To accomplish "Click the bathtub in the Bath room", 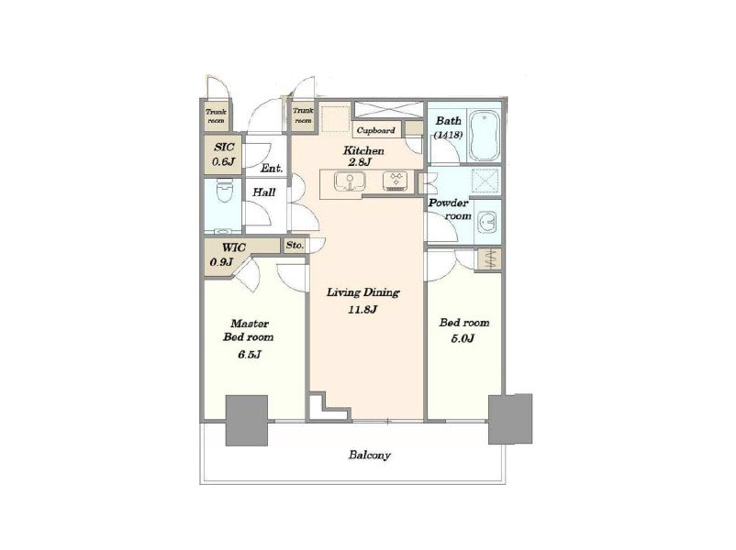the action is click(x=485, y=136).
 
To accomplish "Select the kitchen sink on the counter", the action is click(x=350, y=181).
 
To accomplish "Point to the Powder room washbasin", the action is click(x=487, y=222).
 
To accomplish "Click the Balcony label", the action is click(x=370, y=455).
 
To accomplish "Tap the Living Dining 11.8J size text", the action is click(x=363, y=309).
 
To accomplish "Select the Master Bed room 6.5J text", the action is click(x=249, y=339).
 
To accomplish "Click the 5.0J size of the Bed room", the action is click(x=463, y=338).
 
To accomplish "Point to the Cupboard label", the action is click(x=376, y=130).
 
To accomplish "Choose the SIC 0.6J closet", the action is click(x=223, y=155).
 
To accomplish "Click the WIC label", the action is click(x=233, y=247).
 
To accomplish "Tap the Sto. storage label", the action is click(x=295, y=246).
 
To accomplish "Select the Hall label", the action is click(x=263, y=192).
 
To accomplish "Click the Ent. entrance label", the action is click(x=272, y=169).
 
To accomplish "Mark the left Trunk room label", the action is click(x=216, y=115).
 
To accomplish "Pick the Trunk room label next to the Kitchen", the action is click(x=303, y=115).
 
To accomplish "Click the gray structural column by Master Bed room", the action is click(x=247, y=421).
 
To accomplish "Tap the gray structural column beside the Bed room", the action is click(x=510, y=419).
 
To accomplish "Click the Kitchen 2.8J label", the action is click(x=363, y=157).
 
